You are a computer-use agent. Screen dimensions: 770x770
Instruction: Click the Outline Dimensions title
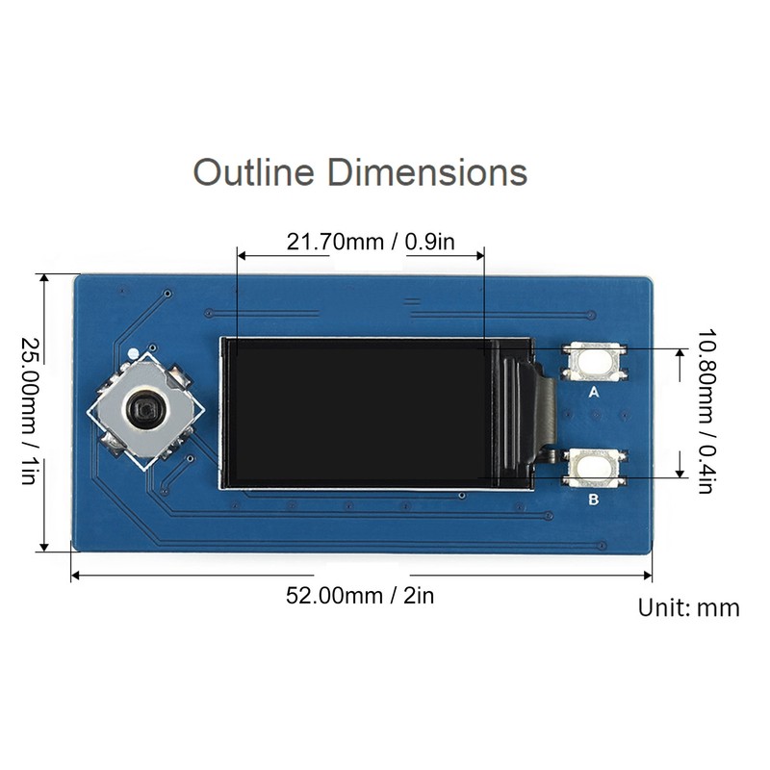360,172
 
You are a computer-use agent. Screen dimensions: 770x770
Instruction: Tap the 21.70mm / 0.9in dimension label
371,242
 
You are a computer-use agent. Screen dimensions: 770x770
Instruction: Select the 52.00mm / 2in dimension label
360,596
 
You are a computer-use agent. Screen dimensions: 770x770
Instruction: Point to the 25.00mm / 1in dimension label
30,410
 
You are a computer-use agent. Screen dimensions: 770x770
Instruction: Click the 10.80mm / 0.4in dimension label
706,411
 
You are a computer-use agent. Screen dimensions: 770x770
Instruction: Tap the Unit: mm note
688,608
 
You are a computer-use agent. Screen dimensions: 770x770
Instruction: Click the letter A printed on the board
594,393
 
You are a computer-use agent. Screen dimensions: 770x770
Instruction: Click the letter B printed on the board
594,500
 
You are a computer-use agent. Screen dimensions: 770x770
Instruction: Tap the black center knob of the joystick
145,408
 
